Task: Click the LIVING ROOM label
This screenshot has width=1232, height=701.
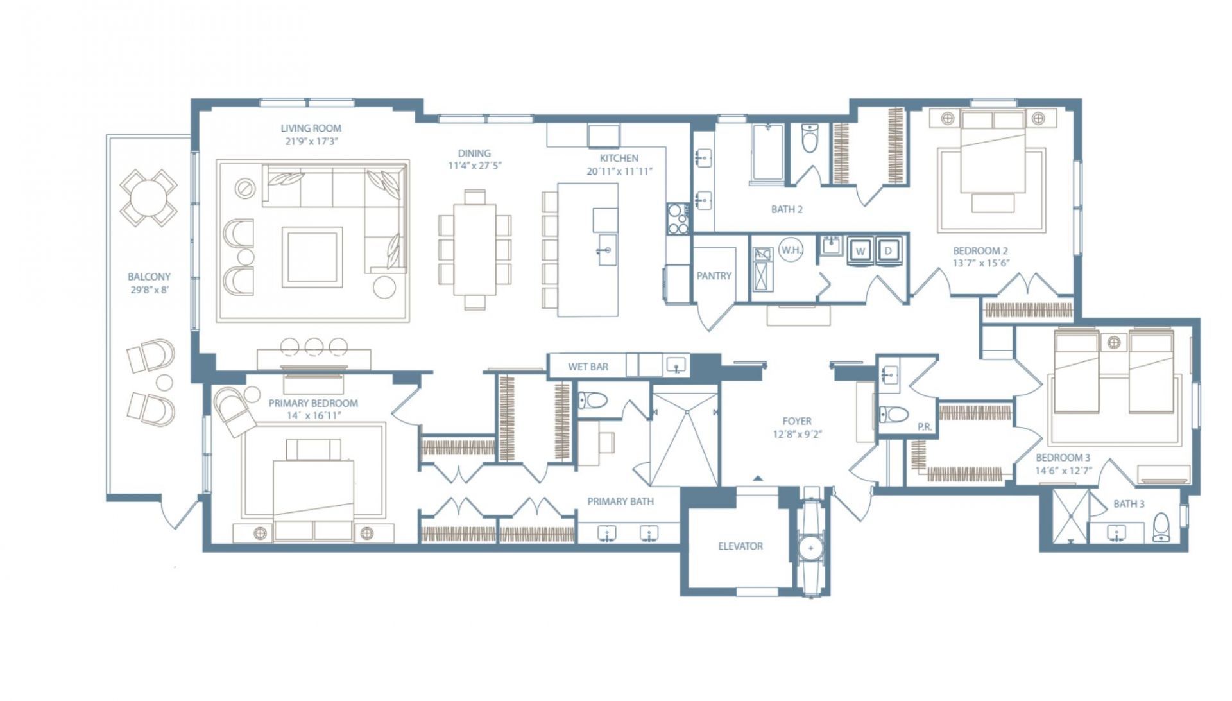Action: [311, 128]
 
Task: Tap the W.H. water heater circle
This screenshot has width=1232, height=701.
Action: [791, 250]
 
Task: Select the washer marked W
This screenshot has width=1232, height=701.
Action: [860, 251]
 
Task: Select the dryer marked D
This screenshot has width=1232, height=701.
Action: [889, 251]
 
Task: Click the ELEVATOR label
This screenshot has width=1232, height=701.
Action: [740, 546]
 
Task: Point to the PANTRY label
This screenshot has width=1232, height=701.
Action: [714, 276]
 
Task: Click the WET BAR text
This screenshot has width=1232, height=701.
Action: [588, 367]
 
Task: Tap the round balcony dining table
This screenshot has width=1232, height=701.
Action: [148, 197]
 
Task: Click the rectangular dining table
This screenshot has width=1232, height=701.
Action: [475, 248]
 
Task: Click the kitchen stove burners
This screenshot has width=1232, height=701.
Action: [677, 218]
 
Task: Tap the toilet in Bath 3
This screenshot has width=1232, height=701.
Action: [1161, 527]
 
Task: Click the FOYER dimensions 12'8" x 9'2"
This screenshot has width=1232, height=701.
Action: [797, 435]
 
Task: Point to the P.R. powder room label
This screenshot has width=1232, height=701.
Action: [924, 427]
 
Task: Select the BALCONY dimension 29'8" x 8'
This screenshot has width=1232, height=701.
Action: [149, 290]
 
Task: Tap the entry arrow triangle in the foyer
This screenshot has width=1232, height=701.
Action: [758, 478]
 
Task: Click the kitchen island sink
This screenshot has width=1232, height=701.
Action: [604, 251]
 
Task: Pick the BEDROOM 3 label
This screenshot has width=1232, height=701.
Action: [1063, 458]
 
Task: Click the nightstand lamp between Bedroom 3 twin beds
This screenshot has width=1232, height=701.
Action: [1114, 342]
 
